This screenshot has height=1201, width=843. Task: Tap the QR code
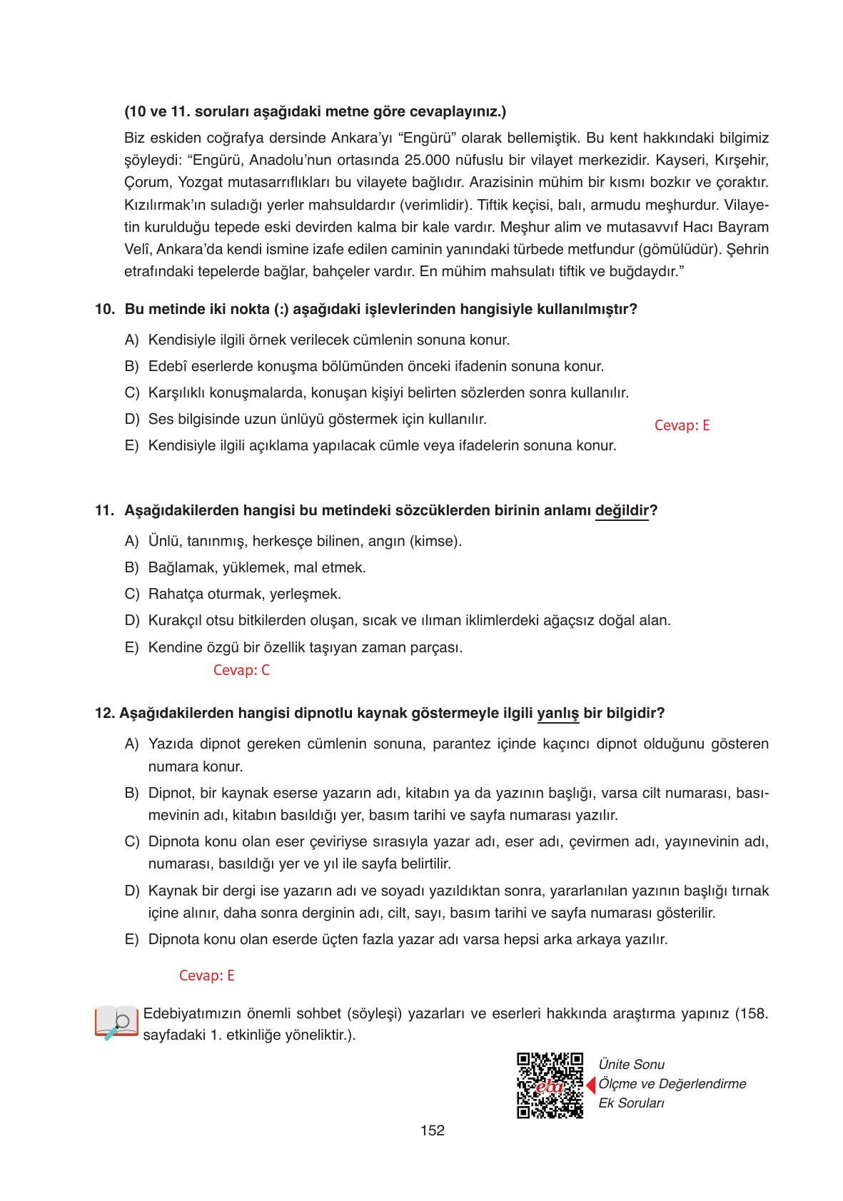549,1085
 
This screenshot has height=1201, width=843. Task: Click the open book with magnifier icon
116,1023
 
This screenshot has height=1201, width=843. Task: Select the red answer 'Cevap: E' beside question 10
682,425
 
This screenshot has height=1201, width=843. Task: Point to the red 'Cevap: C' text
241,670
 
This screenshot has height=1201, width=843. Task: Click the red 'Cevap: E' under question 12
206,976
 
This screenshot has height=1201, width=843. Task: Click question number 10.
104,310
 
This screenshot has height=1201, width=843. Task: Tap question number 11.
104,511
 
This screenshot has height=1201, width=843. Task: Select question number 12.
104,714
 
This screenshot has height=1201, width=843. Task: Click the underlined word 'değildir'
621,511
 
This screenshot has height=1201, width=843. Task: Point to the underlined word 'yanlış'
557,714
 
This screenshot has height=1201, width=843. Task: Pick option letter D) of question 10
131,419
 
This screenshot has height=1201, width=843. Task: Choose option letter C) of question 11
131,594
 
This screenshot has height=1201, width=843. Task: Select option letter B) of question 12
131,793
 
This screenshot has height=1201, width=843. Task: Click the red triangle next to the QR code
590,1085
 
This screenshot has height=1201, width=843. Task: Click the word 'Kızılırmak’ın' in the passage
163,205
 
